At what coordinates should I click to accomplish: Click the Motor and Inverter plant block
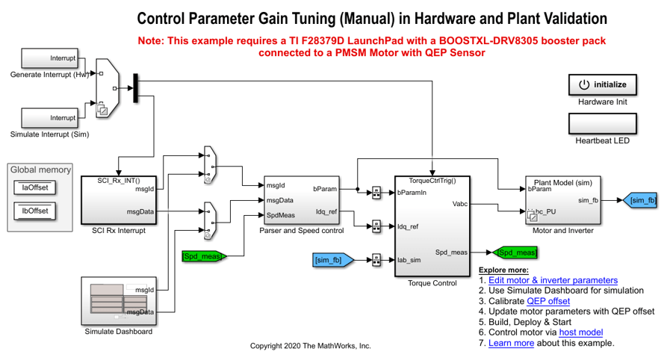click(x=562, y=200)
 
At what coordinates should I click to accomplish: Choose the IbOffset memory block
click(x=34, y=211)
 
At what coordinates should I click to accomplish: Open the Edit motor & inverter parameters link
click(x=553, y=280)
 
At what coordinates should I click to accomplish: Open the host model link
click(x=580, y=332)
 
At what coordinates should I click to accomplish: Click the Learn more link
click(x=511, y=343)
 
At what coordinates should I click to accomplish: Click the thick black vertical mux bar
click(x=135, y=87)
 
